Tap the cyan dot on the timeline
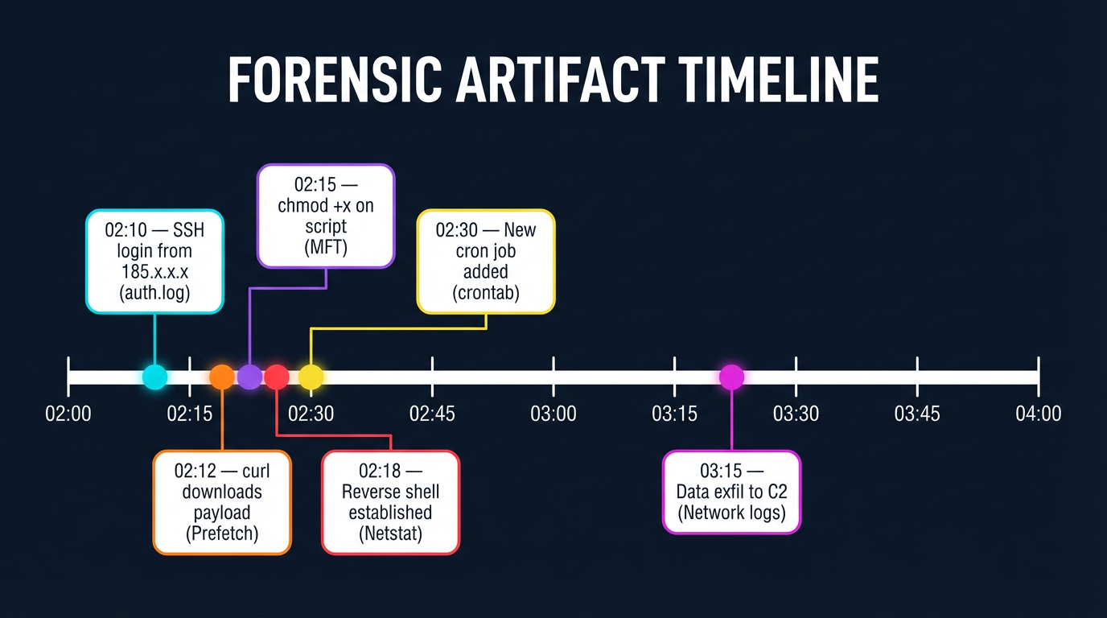tap(154, 376)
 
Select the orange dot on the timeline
tap(221, 376)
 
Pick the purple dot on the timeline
tap(249, 376)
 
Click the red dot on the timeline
tap(277, 376)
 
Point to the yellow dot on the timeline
tap(311, 376)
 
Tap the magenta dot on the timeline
tap(731, 376)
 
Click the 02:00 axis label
tap(68, 414)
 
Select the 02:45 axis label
tap(432, 414)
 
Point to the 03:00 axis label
tap(553, 414)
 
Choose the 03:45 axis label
tap(917, 414)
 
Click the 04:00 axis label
tap(1039, 414)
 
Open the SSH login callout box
tap(154, 262)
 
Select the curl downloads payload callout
tap(222, 502)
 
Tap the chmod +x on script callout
tap(326, 216)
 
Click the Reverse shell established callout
tap(391, 502)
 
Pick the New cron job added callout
tap(486, 262)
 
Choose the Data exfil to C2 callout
tap(731, 492)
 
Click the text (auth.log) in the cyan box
tap(154, 293)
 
